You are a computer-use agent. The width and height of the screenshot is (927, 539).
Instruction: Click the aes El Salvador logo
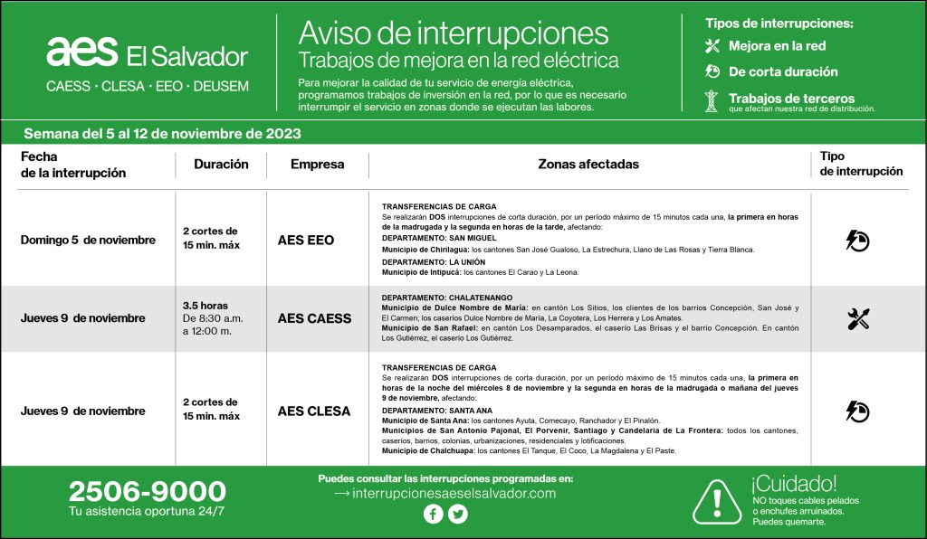(x=147, y=54)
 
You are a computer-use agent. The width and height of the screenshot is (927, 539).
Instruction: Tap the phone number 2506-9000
(x=147, y=492)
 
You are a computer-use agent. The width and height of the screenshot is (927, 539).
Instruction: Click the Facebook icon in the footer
(x=433, y=514)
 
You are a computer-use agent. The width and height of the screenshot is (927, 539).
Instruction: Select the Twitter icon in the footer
(x=458, y=514)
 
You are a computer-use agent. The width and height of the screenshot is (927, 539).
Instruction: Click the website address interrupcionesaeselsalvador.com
(x=444, y=493)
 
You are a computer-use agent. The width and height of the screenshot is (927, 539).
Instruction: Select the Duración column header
(x=221, y=165)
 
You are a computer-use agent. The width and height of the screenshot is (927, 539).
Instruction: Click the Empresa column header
(x=317, y=165)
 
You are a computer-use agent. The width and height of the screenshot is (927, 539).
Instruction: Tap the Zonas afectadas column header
(x=588, y=165)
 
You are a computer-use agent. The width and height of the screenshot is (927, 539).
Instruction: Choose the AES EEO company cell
(x=306, y=241)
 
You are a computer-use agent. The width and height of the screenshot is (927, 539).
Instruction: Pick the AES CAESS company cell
(x=314, y=318)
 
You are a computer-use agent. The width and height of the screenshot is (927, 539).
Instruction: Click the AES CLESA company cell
(x=314, y=411)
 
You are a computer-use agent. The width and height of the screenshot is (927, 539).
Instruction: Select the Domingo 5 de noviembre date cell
(x=88, y=241)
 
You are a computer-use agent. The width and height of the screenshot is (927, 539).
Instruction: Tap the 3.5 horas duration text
(x=205, y=306)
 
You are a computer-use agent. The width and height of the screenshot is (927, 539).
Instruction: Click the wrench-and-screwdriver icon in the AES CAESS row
(x=858, y=318)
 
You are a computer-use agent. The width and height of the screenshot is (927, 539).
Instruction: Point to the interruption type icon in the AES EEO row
(x=857, y=240)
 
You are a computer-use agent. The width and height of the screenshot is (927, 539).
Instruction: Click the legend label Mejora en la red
(x=777, y=46)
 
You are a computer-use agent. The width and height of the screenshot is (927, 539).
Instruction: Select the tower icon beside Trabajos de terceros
(x=712, y=100)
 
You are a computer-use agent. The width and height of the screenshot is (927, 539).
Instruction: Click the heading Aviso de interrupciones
(x=454, y=33)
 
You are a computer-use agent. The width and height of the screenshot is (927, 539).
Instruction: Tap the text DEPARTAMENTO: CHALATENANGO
(x=447, y=297)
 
